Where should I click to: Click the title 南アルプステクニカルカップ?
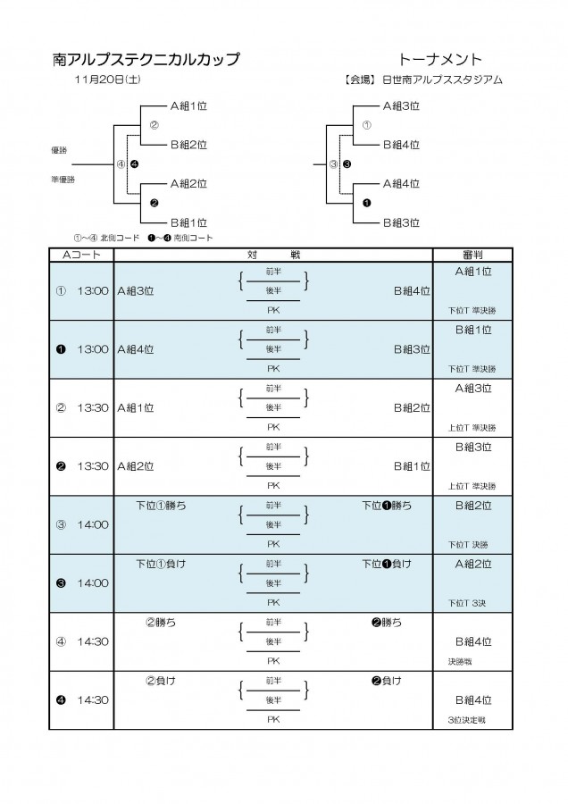pos(146,60)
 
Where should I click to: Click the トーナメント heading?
pos(440,60)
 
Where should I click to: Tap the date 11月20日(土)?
pos(108,80)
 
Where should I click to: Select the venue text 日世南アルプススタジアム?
pos(443,80)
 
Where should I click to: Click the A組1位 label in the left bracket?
pos(188,106)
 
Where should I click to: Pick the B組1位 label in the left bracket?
pos(188,222)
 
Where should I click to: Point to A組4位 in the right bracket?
pos(401,183)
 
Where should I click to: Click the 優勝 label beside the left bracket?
pos(59,150)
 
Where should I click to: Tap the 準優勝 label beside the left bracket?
pos(63,180)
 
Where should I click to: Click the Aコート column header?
pos(81,255)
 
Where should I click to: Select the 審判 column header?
pos(472,255)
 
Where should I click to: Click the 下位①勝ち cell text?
pos(161,506)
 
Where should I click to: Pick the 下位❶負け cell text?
pos(387,564)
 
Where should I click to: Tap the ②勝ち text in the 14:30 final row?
pos(161,623)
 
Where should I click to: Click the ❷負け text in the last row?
pos(387,681)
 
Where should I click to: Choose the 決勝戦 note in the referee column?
pos(460,662)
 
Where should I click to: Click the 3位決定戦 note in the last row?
pos(466,720)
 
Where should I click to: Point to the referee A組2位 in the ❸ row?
pos(473,564)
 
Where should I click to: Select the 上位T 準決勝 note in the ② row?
pos(472,428)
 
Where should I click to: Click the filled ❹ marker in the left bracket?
pos(134,164)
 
